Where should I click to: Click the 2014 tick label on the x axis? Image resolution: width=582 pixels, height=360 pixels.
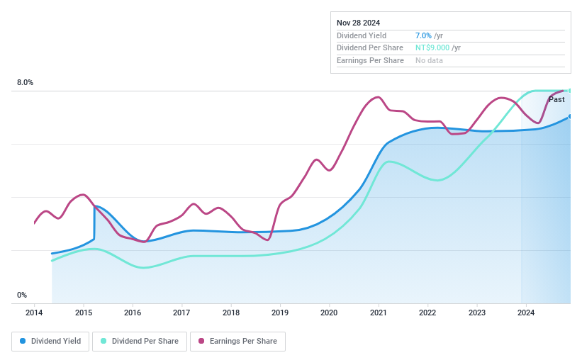[x=34, y=313]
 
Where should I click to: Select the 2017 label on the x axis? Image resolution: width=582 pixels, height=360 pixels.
[x=181, y=313]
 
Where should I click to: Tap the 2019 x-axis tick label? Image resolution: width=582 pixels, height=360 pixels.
[x=280, y=313]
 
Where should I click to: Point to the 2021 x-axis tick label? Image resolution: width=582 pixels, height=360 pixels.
[x=378, y=313]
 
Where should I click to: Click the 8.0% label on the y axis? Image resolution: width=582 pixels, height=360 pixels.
[x=25, y=83]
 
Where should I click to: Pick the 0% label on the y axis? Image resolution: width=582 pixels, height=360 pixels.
[x=22, y=295]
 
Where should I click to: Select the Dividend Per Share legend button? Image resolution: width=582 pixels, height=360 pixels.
[x=141, y=341]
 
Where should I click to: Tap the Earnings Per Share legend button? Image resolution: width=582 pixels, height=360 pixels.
[x=237, y=341]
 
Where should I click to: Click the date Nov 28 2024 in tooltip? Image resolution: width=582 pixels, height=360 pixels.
[x=359, y=23]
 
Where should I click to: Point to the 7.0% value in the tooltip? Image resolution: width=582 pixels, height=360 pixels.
[x=423, y=35]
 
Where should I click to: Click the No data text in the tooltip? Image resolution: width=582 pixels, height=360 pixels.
[x=430, y=61]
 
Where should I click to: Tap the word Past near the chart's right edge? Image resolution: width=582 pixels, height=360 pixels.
[x=556, y=100]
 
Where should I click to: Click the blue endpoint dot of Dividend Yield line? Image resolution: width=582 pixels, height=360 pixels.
[x=569, y=117]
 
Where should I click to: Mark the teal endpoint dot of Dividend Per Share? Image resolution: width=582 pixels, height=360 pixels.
[x=569, y=91]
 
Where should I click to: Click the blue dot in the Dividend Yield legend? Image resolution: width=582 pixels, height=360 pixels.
[x=23, y=341]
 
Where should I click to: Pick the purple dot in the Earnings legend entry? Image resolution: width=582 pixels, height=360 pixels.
[x=201, y=341]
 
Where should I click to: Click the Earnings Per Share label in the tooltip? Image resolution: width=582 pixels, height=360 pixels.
[x=370, y=61]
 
